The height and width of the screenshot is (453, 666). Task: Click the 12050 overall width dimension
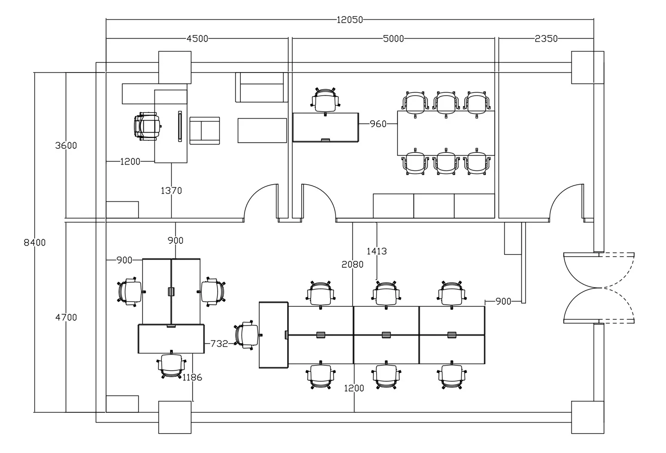(x=350, y=20)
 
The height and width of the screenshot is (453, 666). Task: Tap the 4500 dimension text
(x=197, y=39)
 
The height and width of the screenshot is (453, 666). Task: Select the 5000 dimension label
(x=393, y=39)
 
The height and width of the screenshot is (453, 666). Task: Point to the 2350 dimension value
(x=546, y=39)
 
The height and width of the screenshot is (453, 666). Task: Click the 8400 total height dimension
(x=35, y=243)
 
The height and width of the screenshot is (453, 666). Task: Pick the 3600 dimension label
(x=66, y=145)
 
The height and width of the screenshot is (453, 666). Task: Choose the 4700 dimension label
(x=66, y=318)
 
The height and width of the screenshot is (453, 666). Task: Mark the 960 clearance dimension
(x=378, y=124)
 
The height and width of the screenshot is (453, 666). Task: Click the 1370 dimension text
(x=171, y=191)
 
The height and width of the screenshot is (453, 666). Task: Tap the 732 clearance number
(x=219, y=344)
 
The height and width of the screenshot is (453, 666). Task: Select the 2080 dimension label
(x=352, y=265)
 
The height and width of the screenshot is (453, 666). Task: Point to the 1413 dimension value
(x=377, y=251)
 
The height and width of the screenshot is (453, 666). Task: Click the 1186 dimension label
(x=192, y=378)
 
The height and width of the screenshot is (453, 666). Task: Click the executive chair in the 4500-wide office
(x=147, y=126)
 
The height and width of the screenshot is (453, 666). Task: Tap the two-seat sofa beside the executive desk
(x=205, y=131)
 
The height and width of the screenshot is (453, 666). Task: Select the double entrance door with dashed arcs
(x=599, y=288)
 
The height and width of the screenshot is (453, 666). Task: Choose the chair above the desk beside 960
(x=325, y=101)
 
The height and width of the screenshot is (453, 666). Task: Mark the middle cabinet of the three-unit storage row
(x=434, y=206)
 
